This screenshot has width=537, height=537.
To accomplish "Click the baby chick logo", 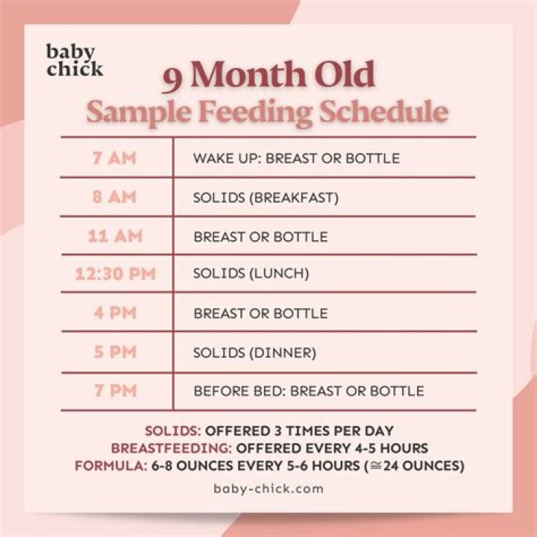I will point(74,61).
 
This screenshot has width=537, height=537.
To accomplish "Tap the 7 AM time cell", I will point(115,158).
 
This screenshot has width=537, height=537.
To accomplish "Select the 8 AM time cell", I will point(115,198).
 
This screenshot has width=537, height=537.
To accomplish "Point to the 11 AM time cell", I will point(115,236).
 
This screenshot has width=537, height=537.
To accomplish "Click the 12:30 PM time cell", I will point(115,274).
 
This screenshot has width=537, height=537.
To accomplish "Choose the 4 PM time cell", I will point(115,313).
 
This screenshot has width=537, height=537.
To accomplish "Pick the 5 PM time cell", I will point(115,352).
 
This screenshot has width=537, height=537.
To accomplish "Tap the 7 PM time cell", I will point(115,391).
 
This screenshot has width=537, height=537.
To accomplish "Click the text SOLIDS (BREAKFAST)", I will point(266,198).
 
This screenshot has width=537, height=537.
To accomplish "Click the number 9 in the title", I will point(175,78).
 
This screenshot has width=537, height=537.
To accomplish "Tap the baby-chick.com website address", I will point(268,489).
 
